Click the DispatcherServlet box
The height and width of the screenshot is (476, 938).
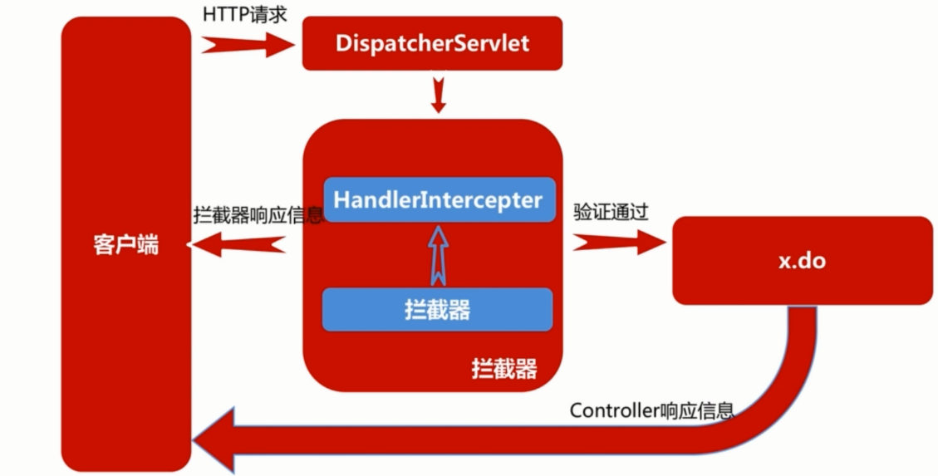pos(432,43)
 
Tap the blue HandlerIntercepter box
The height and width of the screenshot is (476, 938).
pos(439,200)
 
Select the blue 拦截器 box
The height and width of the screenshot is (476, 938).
pos(437,310)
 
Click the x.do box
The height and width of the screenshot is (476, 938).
pos(801,260)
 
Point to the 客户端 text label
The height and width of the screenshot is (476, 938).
pos(125,246)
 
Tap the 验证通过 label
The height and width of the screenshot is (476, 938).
pos(611,213)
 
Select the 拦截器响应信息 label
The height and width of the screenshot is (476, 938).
pos(258,213)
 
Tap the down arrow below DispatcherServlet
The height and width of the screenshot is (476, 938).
pos(439,95)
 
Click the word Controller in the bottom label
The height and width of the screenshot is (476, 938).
pos(615,410)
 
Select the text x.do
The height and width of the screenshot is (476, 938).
pos(801,260)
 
